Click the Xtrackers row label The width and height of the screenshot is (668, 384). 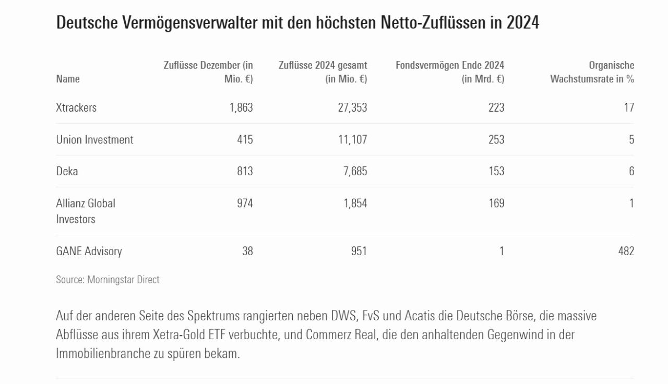click(76, 107)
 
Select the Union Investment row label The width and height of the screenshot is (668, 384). click(94, 140)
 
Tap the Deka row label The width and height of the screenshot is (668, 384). click(67, 171)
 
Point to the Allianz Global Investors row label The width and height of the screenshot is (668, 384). click(86, 211)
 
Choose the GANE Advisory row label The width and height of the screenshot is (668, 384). click(89, 251)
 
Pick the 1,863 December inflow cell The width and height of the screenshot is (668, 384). click(241, 107)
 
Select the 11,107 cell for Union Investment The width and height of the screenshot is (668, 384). click(352, 140)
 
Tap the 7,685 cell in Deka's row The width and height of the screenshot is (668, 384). click(355, 171)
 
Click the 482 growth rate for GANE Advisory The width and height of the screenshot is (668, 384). click(625, 251)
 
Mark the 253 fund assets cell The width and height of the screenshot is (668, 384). click(496, 140)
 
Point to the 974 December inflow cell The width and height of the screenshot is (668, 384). click(244, 203)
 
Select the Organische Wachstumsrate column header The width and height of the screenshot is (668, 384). click(592, 72)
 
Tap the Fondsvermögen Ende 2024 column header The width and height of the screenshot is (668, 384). click(450, 72)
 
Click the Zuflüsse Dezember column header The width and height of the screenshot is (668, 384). click(208, 72)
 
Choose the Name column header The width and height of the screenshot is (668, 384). click(68, 79)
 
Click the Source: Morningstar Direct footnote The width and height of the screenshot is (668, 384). click(108, 280)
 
